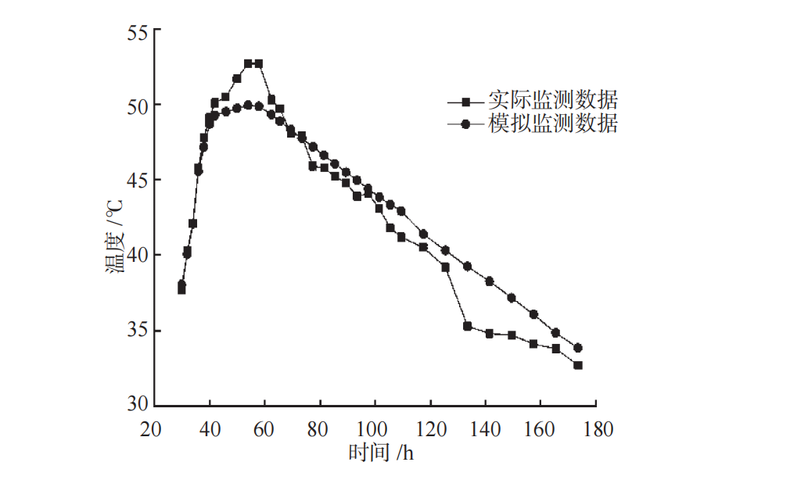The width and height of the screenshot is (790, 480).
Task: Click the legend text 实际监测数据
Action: pyautogui.click(x=553, y=101)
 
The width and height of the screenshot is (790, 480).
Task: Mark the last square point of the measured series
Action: pyautogui.click(x=578, y=365)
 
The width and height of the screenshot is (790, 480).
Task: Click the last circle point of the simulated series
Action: pyautogui.click(x=578, y=348)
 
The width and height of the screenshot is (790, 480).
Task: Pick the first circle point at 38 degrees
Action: pyautogui.click(x=181, y=285)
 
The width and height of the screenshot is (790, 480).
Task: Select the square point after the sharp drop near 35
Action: pyautogui.click(x=468, y=326)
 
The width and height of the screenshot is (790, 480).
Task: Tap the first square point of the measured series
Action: pyautogui.click(x=181, y=290)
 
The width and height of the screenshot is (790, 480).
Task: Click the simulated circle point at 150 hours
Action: pyautogui.click(x=512, y=298)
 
